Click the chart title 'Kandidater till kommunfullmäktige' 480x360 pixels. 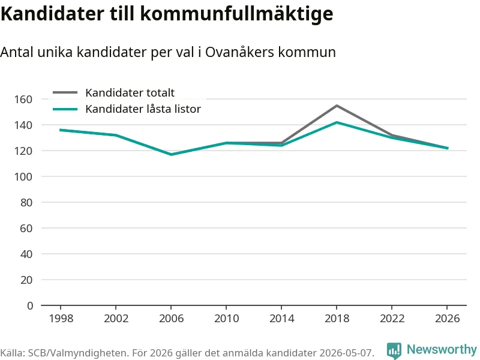coord(167,14)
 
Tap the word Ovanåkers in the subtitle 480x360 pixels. coord(239,52)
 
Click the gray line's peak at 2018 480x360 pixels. coord(337,106)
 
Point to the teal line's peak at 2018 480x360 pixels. coord(337,122)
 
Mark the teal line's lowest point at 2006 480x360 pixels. coord(171,155)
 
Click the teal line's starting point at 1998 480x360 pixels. coord(61,130)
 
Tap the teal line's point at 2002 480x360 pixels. coord(116,135)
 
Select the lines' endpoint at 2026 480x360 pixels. coord(447,148)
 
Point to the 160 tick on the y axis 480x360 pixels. coord(23,99)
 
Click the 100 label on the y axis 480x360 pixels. coord(23,176)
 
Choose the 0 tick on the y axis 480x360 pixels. coord(29,305)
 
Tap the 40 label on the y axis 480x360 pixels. coord(26,254)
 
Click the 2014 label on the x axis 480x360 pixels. coord(281,319)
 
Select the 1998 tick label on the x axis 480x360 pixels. coord(61,319)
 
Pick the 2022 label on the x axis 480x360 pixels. coord(392,319)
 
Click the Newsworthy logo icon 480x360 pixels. coord(394,350)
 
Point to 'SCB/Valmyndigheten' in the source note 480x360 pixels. coord(77,353)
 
